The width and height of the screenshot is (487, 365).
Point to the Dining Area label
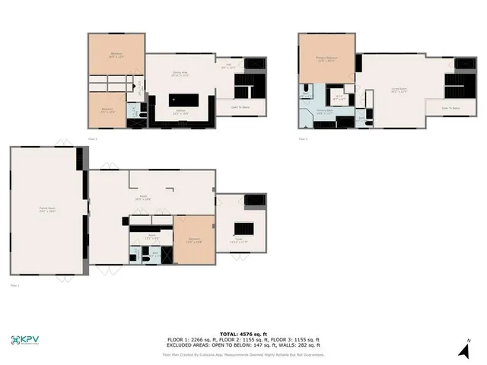click(x=180, y=75)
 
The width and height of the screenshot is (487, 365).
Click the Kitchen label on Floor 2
click(x=182, y=112)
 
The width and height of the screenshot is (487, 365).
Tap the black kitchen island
click(x=183, y=100)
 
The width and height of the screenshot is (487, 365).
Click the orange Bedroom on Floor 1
click(x=194, y=240)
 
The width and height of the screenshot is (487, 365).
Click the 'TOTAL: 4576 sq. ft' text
click(x=243, y=334)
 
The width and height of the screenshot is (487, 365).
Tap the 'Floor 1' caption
click(x=15, y=285)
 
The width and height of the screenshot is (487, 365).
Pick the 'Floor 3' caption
click(x=303, y=139)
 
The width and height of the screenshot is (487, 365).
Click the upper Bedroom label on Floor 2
click(x=116, y=55)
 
